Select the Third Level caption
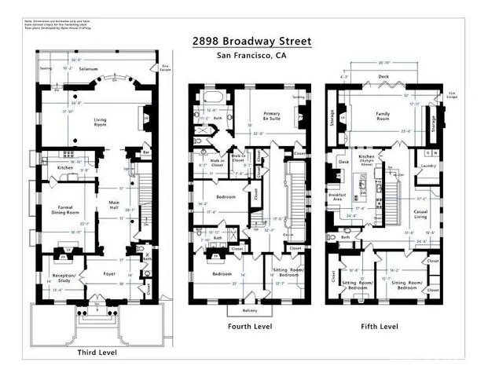point(97,353)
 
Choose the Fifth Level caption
point(380,326)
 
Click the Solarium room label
point(88,69)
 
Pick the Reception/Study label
point(63,277)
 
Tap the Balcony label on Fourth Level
point(248,310)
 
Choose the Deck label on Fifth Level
point(383,77)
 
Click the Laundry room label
point(427,166)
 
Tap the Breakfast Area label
point(339,196)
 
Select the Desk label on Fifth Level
point(343,163)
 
